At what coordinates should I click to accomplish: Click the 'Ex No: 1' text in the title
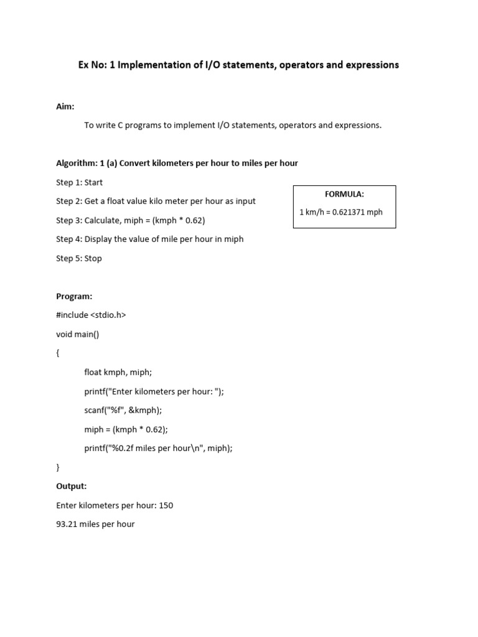(93, 65)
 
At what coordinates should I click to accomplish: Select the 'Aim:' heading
(65, 106)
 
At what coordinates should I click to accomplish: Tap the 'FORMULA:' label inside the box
(344, 194)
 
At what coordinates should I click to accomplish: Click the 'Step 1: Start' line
(80, 182)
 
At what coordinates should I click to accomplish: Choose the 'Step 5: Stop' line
(79, 258)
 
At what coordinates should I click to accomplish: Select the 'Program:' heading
(74, 296)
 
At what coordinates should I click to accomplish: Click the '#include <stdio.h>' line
(91, 315)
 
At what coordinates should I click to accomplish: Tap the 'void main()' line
(78, 334)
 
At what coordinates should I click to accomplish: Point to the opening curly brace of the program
(58, 353)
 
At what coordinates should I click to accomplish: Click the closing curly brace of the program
(58, 467)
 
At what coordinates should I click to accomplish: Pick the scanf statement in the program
(123, 410)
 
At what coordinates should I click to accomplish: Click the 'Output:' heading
(72, 486)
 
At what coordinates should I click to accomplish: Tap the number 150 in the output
(166, 505)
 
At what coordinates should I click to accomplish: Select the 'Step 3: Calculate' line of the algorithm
(131, 220)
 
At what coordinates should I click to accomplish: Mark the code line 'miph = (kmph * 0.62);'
(126, 429)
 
